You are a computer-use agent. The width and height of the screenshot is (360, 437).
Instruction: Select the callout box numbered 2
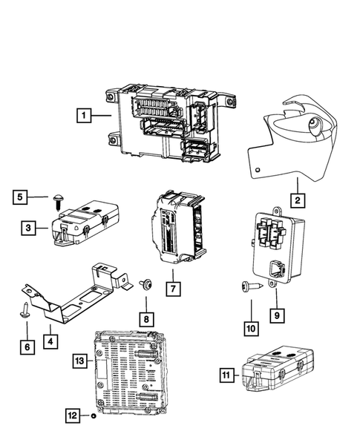[x=296, y=199]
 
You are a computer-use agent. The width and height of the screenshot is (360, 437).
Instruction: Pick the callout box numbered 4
[x=50, y=342]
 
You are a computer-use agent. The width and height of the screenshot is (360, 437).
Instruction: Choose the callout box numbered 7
[x=171, y=286]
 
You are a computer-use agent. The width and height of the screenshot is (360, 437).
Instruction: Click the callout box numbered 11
[x=226, y=377]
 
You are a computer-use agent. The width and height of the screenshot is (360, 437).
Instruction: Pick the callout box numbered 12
[x=73, y=417]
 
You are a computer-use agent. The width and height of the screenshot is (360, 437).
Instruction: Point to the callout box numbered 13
[x=80, y=361]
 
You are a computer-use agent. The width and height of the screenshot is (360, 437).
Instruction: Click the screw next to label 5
[x=57, y=198]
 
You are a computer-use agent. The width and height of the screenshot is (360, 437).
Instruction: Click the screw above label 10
[x=248, y=286]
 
